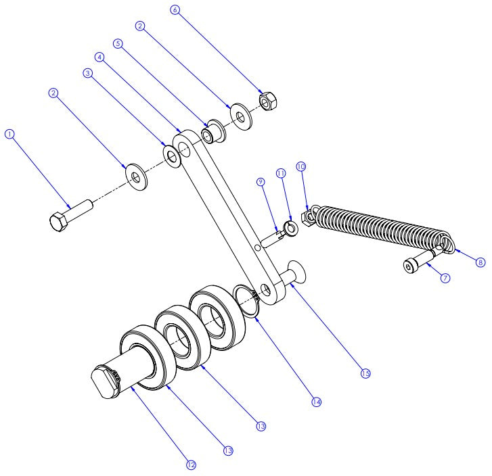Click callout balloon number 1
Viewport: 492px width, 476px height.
[9, 134]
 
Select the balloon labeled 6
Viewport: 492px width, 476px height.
[176, 10]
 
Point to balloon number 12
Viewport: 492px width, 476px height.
[192, 465]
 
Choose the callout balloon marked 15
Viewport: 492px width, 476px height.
[365, 373]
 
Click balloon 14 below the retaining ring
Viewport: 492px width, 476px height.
[315, 402]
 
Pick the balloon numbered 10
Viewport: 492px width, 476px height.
[301, 166]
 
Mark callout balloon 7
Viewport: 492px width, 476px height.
[445, 277]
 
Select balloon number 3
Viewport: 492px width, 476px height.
[87, 74]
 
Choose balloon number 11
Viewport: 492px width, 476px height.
[281, 174]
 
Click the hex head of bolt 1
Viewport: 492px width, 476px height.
[58, 222]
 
